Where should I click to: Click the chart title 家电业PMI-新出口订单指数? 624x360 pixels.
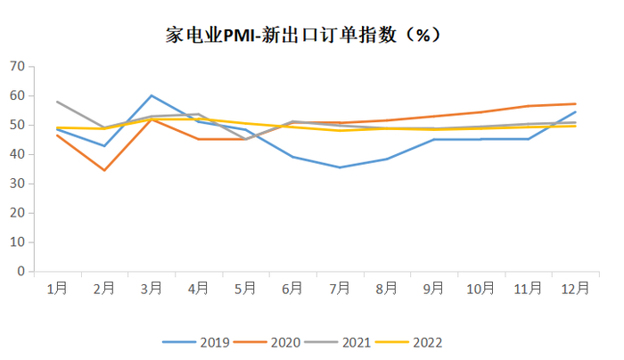(x=303, y=35)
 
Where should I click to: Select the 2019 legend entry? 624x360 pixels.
(x=198, y=342)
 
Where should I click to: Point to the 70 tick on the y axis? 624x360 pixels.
(x=17, y=66)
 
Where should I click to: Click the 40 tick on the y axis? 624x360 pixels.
(x=17, y=154)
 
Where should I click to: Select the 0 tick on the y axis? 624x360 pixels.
(x=21, y=272)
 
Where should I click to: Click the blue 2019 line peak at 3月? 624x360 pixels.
(x=152, y=95)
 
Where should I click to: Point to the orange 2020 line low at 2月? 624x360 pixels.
(x=104, y=170)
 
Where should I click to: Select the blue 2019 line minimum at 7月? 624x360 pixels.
(x=340, y=168)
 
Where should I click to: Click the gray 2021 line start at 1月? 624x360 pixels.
(x=57, y=102)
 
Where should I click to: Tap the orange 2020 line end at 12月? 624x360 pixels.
(x=575, y=103)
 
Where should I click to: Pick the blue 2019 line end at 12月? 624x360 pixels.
(x=575, y=111)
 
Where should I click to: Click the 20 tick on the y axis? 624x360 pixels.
(x=17, y=213)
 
